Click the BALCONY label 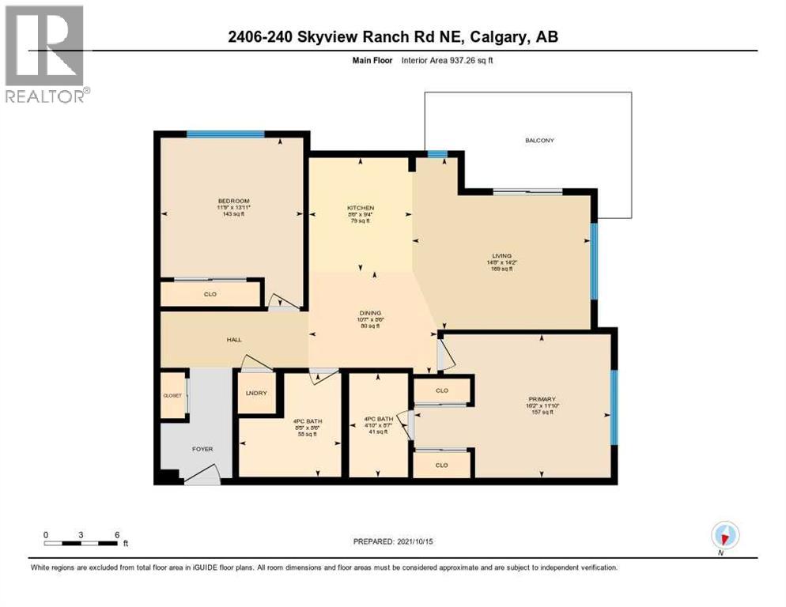(539, 141)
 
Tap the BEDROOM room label (233, 201)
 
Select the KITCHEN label (360, 208)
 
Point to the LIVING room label (501, 256)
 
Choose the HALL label (233, 340)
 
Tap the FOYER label (202, 449)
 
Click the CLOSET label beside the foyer (172, 395)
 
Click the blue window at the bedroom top (225, 134)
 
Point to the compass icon (724, 537)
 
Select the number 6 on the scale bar (117, 534)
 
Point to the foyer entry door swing (202, 474)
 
